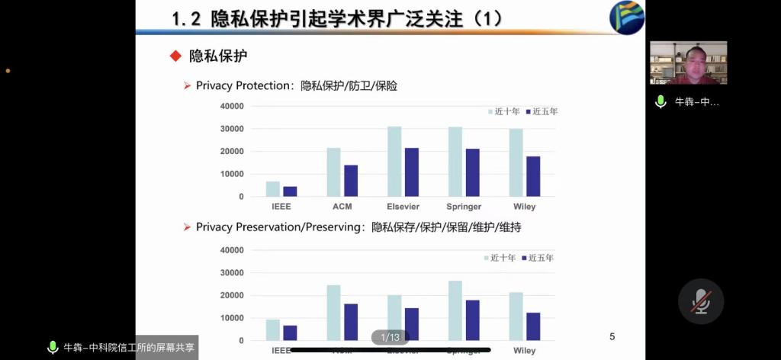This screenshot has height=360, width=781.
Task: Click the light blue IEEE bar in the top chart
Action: pyautogui.click(x=272, y=189)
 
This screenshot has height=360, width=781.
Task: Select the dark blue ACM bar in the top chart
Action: pyautogui.click(x=351, y=181)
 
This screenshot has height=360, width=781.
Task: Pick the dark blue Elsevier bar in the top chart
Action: pyautogui.click(x=411, y=172)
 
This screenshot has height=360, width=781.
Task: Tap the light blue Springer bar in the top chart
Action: pyautogui.click(x=455, y=162)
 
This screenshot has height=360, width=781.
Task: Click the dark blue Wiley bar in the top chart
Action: pyautogui.click(x=533, y=176)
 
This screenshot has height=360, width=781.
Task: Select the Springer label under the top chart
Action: pyautogui.click(x=463, y=207)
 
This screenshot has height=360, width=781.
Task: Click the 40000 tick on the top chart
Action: pyautogui.click(x=231, y=106)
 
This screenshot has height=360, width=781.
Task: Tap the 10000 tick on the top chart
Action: pyautogui.click(x=231, y=174)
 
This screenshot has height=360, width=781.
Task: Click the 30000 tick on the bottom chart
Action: pyautogui.click(x=231, y=272)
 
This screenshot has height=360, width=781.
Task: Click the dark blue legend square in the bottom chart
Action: pyautogui.click(x=525, y=258)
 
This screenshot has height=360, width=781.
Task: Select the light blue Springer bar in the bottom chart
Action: pyautogui.click(x=455, y=310)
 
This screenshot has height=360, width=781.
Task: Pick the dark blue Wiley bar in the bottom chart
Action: pyautogui.click(x=533, y=326)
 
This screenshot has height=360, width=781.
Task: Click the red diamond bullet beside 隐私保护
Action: pyautogui.click(x=175, y=56)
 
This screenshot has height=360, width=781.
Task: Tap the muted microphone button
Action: pyautogui.click(x=700, y=302)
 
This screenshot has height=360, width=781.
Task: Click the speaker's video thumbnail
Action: pyautogui.click(x=688, y=63)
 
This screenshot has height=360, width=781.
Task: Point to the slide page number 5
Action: pyautogui.click(x=612, y=336)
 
